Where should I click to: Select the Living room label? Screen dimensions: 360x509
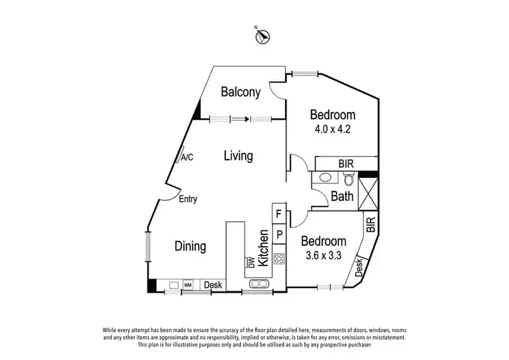pyautogui.click(x=238, y=156)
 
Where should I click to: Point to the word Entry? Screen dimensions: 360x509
pyautogui.click(x=188, y=199)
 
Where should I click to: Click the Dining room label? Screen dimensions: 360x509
pyautogui.click(x=190, y=246)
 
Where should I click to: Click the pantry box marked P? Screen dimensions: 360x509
pyautogui.click(x=278, y=235)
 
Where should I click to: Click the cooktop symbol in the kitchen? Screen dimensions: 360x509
pyautogui.click(x=278, y=259)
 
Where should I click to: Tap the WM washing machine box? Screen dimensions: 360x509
pyautogui.click(x=188, y=285)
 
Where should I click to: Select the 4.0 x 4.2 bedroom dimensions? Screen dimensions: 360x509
pyautogui.click(x=333, y=128)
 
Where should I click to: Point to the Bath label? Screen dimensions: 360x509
pyautogui.click(x=341, y=197)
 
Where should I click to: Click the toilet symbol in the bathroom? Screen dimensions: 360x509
pyautogui.click(x=348, y=179)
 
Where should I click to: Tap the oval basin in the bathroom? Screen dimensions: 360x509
pyautogui.click(x=325, y=179)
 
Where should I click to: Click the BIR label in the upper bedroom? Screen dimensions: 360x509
pyautogui.click(x=346, y=163)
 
